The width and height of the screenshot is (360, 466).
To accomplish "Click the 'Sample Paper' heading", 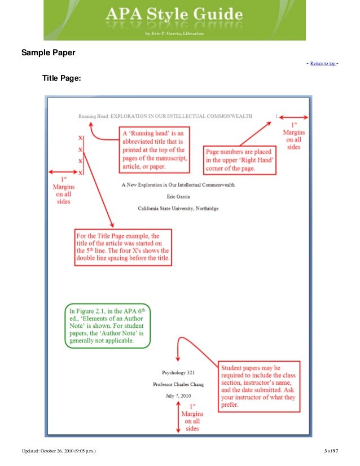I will click(x=49, y=54).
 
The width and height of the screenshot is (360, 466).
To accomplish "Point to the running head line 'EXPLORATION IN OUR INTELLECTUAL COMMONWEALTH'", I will click(x=174, y=117).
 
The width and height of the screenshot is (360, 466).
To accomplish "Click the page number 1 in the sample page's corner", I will click(x=276, y=117).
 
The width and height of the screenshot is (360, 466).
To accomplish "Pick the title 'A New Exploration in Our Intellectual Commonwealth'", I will click(x=178, y=184).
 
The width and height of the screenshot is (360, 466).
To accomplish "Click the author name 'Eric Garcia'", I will click(x=178, y=196).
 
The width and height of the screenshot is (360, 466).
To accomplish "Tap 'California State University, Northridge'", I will click(x=178, y=208).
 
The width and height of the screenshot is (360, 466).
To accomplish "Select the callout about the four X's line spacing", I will click(x=123, y=247).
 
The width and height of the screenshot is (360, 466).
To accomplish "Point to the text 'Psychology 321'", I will click(x=178, y=372).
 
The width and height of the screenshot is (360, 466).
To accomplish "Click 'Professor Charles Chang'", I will click(x=178, y=384).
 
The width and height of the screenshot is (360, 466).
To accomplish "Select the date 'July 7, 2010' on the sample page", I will click(x=178, y=396).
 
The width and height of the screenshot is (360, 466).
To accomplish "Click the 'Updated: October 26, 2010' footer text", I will click(x=63, y=450).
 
